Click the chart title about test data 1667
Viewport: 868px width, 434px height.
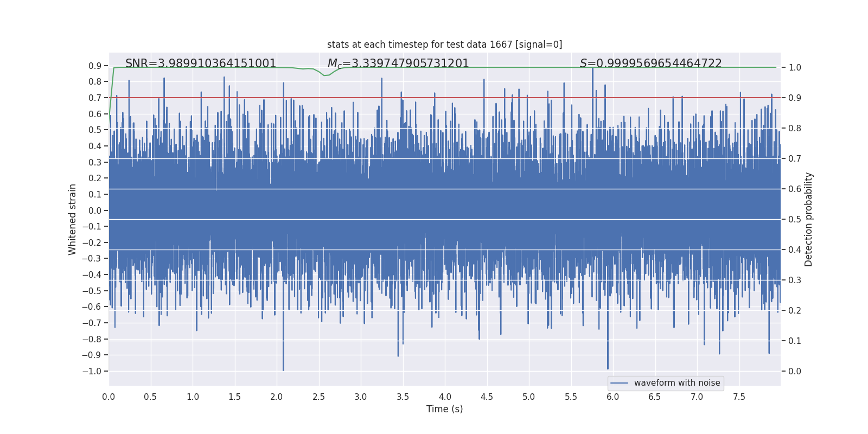444,44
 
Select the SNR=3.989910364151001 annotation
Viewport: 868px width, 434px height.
201,63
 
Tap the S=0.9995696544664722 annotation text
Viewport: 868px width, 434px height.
650,63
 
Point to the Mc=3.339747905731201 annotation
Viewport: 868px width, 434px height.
398,63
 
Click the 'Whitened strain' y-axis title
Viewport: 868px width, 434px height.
73,219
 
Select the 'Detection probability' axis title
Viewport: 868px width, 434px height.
809,219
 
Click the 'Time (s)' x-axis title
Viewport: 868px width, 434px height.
444,409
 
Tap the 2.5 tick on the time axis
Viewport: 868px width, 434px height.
318,397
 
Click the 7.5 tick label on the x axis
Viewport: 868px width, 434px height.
739,397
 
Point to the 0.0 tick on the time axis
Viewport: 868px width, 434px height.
108,397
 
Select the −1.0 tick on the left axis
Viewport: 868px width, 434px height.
92,371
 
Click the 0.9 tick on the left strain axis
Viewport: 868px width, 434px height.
95,66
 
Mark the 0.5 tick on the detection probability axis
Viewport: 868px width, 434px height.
794,219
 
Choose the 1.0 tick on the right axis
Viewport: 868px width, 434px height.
794,67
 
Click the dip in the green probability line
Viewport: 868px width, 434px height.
326,75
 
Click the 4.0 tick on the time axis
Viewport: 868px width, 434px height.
445,397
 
